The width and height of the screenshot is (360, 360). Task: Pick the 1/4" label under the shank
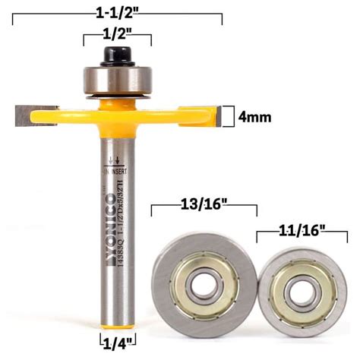117,342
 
